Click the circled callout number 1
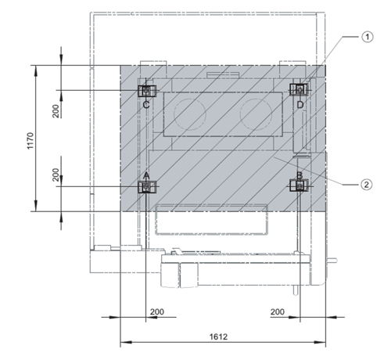[x=368, y=37]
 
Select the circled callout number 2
[x=367, y=185]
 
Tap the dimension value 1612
[x=218, y=337]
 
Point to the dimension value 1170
[x=30, y=141]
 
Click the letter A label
[x=147, y=176]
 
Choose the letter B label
[x=300, y=176]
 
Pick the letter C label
[x=146, y=105]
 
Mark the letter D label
[x=300, y=105]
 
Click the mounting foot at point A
[x=147, y=186]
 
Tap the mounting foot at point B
[x=300, y=186]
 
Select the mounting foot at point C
[x=147, y=91]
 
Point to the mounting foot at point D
[x=300, y=89]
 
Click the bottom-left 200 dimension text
[x=157, y=311]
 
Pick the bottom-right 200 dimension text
[x=278, y=311]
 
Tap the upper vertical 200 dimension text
[x=56, y=111]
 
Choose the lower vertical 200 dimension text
[x=56, y=175]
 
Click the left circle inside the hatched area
[x=190, y=114]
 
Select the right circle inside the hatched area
[x=256, y=113]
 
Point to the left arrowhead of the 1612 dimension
[x=126, y=342]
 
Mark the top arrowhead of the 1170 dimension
[x=36, y=70]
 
